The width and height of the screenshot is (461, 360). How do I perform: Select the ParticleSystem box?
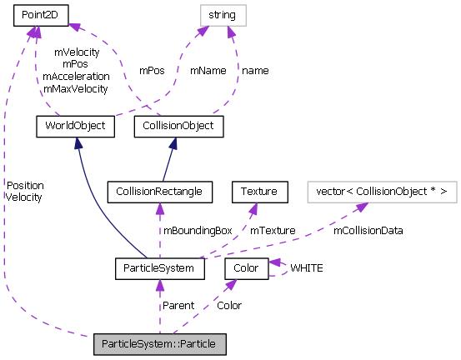[x=158, y=268]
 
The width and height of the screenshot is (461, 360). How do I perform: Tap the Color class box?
[x=247, y=268]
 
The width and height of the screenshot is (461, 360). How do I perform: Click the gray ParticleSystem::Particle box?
[x=159, y=343]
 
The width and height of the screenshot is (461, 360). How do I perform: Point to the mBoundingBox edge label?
[x=198, y=230]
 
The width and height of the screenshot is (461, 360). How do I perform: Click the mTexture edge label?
[x=273, y=230]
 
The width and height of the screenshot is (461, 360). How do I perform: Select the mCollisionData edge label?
[x=368, y=230]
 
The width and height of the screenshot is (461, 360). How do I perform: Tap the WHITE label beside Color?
[x=307, y=268]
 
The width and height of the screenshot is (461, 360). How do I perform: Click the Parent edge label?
[x=178, y=306]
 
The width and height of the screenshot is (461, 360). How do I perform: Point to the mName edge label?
[x=208, y=71]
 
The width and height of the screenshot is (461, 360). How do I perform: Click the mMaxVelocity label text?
[x=76, y=88]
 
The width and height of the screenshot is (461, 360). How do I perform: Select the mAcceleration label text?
[x=76, y=76]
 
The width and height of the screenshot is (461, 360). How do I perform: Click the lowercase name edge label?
[x=256, y=71]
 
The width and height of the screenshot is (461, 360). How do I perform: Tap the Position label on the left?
[x=24, y=185]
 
